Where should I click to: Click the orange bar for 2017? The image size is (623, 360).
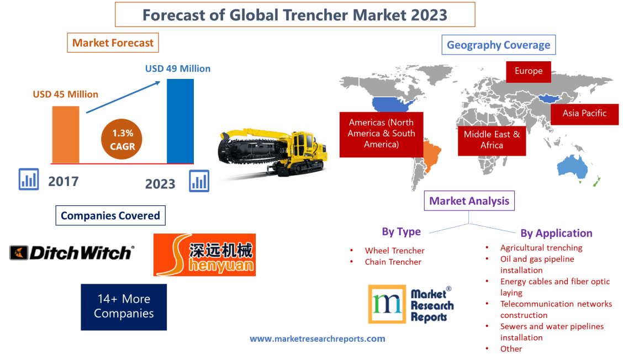coord(65,134)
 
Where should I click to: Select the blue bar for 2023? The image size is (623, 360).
coord(180,121)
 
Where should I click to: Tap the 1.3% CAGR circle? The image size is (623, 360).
coord(122,140)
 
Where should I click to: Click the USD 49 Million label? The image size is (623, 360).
coord(178,69)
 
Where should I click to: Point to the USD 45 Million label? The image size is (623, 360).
coord(65,94)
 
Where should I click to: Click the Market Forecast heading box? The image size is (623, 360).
coord(113,43)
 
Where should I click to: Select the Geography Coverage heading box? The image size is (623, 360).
coord(498,45)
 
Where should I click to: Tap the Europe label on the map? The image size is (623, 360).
coord(528,71)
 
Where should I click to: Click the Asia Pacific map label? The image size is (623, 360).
coord(584,113)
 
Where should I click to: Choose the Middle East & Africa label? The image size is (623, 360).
coord(492,140)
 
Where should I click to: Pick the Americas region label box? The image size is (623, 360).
coord(381,133)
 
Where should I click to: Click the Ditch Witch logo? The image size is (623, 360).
coord(72,253)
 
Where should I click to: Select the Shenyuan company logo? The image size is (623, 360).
coord(204,255)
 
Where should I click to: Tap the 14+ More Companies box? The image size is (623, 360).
coord(124,306)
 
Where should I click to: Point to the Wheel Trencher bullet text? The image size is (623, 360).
coord(394,251)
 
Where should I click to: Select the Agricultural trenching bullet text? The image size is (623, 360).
coord(541,248)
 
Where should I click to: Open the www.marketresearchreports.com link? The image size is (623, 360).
coord(317,338)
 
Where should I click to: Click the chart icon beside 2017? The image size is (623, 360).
coord(29,179)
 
